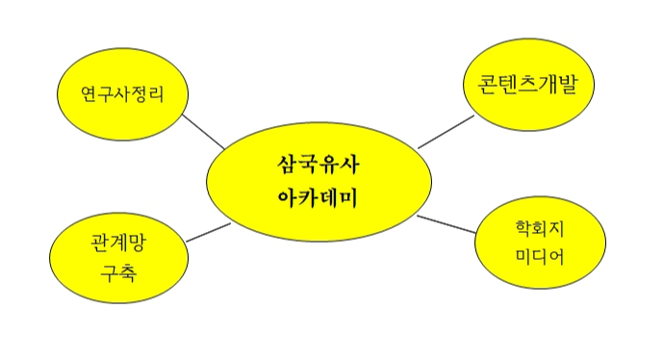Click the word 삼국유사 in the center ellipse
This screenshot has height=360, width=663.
(319, 165)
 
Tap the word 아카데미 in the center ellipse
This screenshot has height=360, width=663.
(318, 198)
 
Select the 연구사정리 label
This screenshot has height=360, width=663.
(122, 94)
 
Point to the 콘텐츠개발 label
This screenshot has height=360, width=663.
(527, 84)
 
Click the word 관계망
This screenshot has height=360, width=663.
(118, 243)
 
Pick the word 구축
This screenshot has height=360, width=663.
(118, 272)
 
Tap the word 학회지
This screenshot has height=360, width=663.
(540, 229)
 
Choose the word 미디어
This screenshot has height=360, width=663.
(540, 257)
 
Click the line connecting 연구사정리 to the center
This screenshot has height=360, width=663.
(204, 132)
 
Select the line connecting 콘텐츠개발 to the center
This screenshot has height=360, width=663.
(446, 132)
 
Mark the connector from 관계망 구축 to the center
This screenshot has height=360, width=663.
(209, 232)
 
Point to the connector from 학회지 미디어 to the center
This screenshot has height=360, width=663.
(446, 224)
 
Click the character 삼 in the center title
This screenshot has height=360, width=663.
(287, 165)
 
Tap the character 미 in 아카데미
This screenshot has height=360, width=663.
(349, 198)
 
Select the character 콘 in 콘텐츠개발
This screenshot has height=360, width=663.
(488, 85)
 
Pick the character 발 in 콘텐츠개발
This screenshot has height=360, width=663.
(568, 84)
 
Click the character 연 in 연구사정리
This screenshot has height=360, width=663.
(89, 94)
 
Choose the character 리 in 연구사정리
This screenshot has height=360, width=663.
(156, 94)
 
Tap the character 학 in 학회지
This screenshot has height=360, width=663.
(523, 229)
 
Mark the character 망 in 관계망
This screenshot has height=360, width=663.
(138, 243)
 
